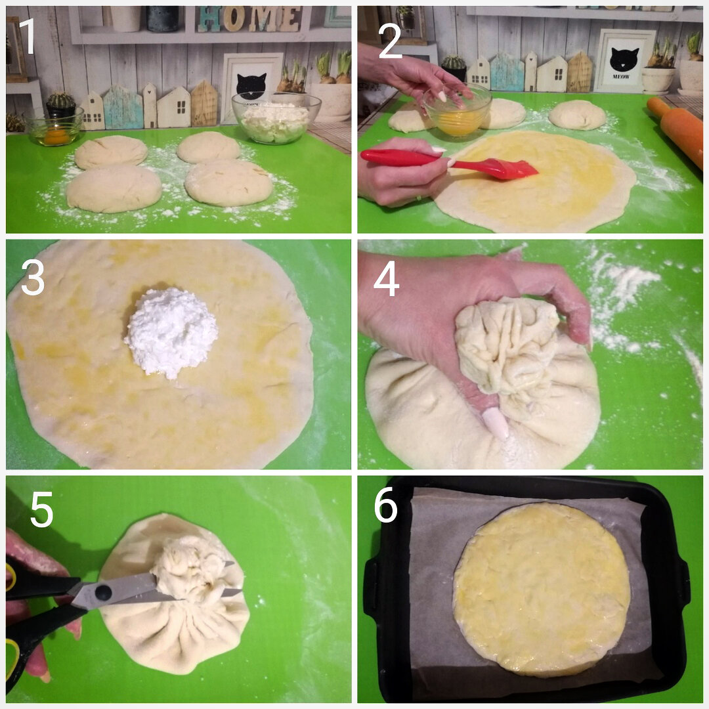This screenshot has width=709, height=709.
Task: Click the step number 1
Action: pyautogui.click(x=28, y=37)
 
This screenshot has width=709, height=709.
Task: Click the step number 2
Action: pyautogui.click(x=390, y=41)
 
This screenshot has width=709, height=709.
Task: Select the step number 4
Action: pyautogui.click(x=386, y=278)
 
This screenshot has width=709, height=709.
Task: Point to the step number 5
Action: pyautogui.click(x=41, y=509)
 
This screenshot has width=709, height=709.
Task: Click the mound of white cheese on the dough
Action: pyautogui.click(x=171, y=332)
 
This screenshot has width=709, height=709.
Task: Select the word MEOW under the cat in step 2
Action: pyautogui.click(x=621, y=77)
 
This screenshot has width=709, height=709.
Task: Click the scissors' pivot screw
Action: pyautogui.click(x=103, y=593)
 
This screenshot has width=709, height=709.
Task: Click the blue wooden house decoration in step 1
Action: pyautogui.click(x=123, y=108)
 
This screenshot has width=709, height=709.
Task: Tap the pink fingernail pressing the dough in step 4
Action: pyautogui.click(x=495, y=423)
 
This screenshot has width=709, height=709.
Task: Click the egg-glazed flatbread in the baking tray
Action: pyautogui.click(x=542, y=589)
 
